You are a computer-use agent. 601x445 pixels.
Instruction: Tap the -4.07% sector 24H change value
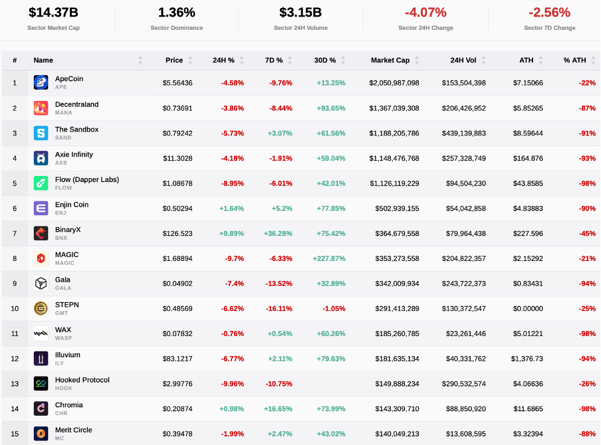pos(425,12)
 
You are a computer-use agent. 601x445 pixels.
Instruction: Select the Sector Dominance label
pos(176,28)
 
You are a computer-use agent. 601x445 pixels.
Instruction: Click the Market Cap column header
pos(390,60)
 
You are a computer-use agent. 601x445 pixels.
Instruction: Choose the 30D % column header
pos(325,60)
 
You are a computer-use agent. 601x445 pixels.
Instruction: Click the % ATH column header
pos(574,60)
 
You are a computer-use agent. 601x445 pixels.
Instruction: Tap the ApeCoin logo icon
pos(41,83)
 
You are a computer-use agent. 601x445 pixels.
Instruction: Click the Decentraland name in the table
pos(76,104)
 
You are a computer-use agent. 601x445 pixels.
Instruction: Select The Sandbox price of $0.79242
pos(178,133)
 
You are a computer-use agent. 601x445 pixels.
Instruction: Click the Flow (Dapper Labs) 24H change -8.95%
pos(232,183)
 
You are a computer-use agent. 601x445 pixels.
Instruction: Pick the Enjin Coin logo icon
pos(41,209)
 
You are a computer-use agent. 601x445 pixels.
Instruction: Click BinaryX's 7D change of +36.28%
pos(277,233)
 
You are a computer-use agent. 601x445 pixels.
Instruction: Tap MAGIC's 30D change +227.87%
pos(329,258)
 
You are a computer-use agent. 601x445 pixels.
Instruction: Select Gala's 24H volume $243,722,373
pos(463,284)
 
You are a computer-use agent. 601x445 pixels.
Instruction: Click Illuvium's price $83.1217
pos(177,359)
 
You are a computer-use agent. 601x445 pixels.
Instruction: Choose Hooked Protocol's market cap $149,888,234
pos(394,384)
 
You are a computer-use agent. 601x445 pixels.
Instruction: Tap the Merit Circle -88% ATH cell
pos(587,434)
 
